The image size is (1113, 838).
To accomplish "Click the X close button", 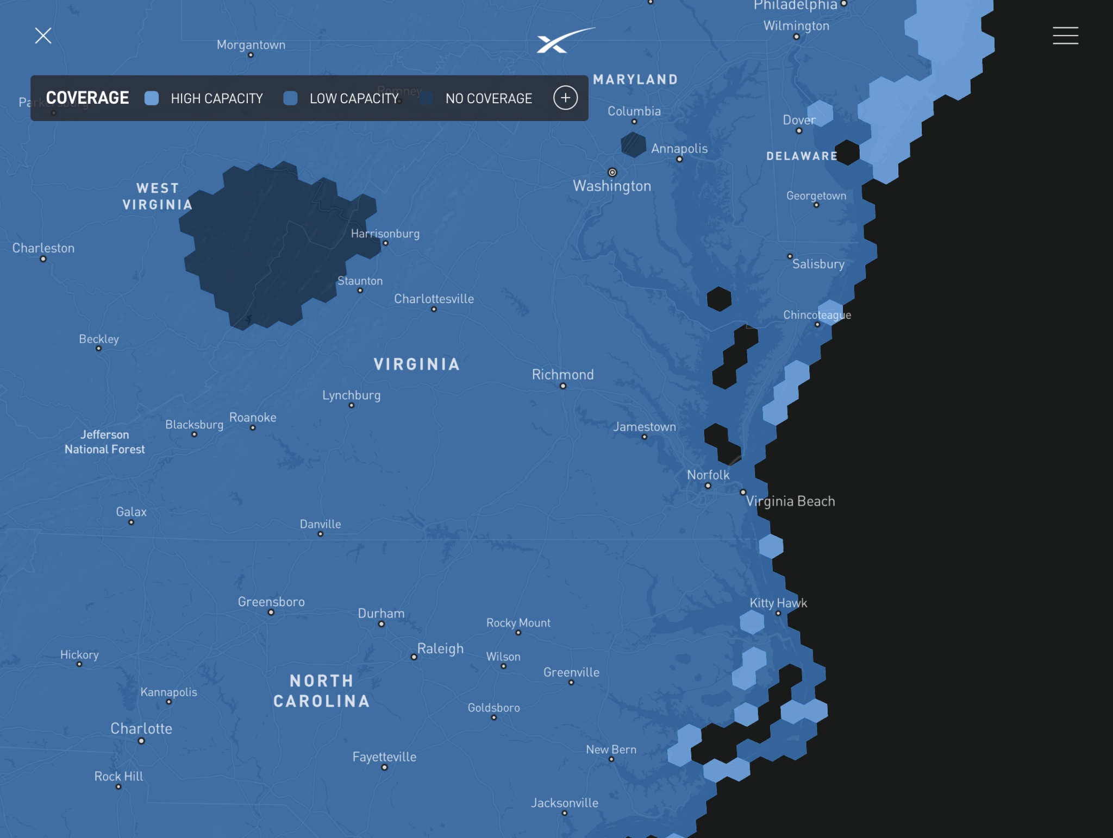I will (43, 36).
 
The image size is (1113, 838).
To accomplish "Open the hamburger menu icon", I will (1065, 36).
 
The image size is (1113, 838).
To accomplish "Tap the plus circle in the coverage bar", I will (565, 98).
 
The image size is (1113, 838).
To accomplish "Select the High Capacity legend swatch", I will (152, 98).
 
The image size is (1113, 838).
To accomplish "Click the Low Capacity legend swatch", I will (291, 98).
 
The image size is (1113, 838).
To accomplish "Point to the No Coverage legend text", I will (489, 98).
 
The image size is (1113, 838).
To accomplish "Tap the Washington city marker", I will (612, 172).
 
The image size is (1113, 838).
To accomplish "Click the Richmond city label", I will (562, 374).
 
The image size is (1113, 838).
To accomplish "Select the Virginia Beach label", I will (790, 501).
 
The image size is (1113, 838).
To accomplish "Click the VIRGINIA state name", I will (416, 364).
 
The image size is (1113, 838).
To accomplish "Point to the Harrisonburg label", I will (385, 234).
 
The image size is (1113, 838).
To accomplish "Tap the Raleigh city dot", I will (414, 657).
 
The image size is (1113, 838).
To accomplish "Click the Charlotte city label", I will (141, 728).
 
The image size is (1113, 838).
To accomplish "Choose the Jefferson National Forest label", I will (105, 442).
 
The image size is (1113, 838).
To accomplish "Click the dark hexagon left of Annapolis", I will (633, 144).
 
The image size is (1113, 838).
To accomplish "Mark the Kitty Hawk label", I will (778, 603).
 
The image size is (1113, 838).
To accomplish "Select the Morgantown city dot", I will (251, 55).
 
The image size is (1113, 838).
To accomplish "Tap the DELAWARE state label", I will (802, 156).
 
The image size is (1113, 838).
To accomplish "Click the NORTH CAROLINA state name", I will (322, 691).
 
